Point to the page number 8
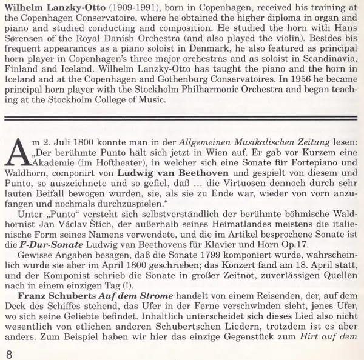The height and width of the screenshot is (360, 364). coord(8,352)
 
